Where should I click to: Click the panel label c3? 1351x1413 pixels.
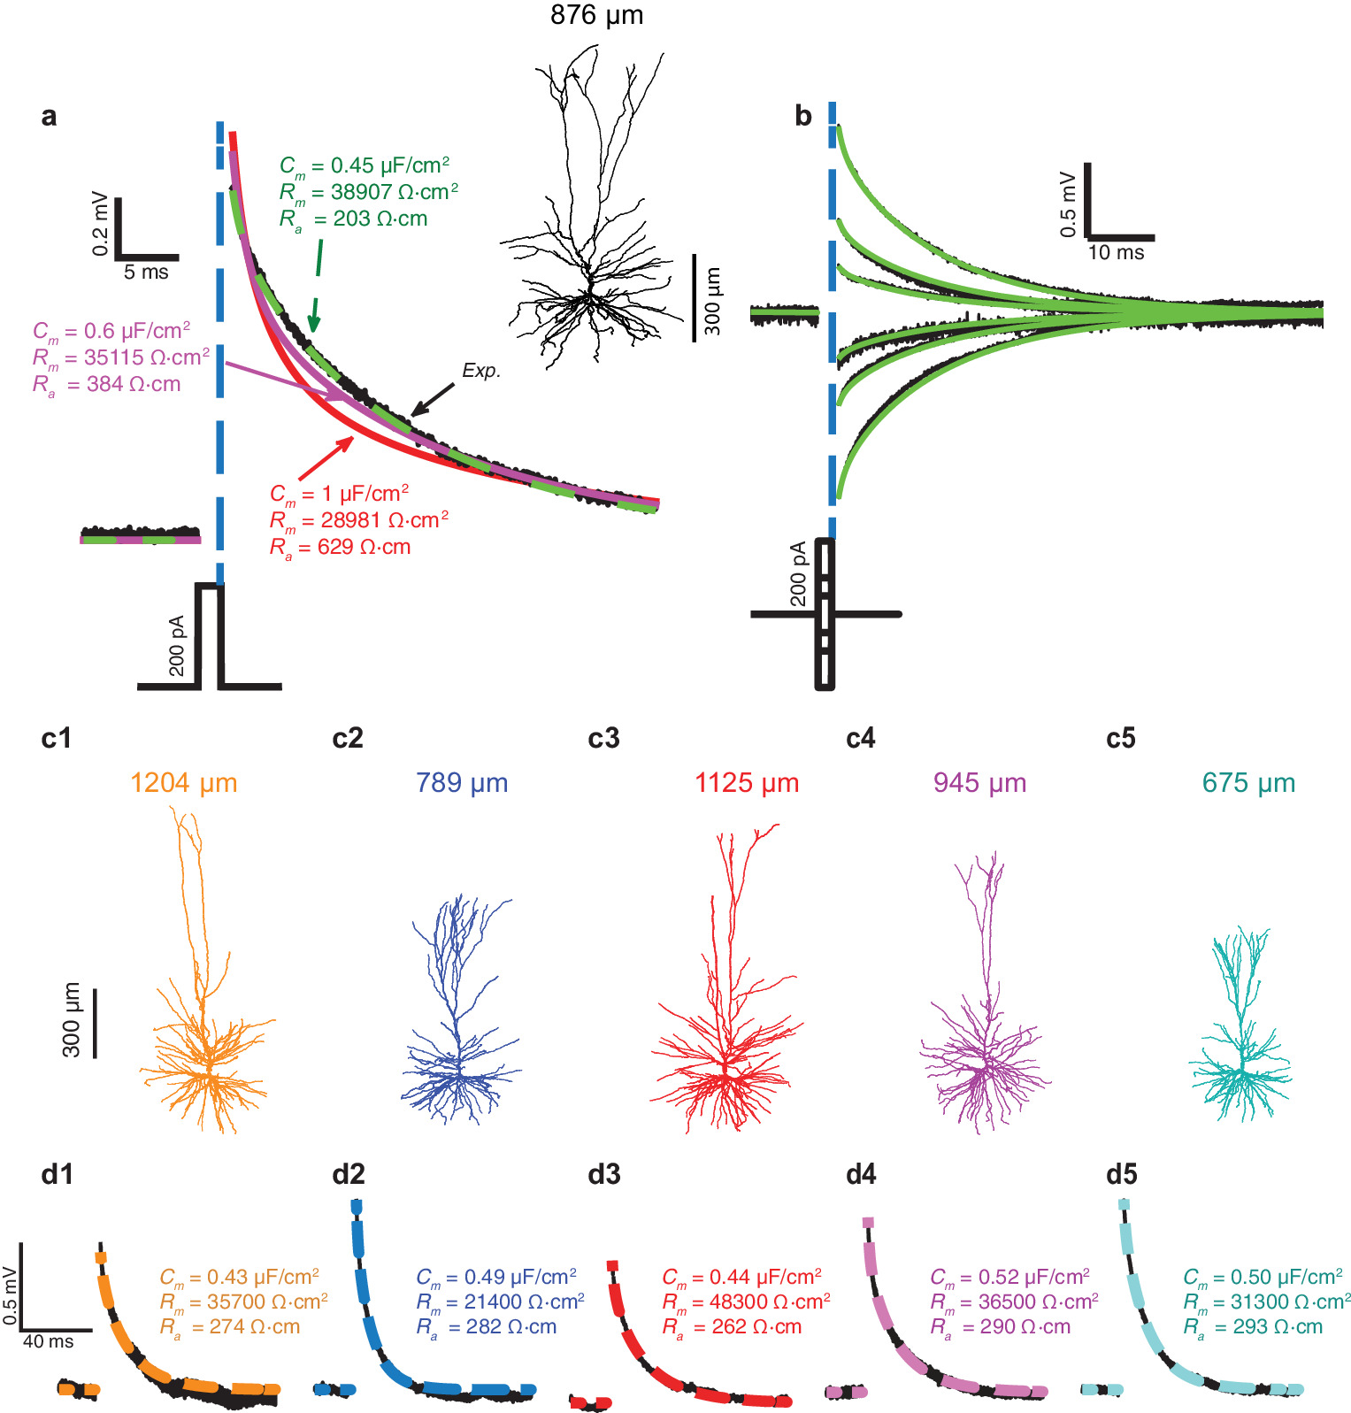coord(603,739)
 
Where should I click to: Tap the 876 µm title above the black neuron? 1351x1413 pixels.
coord(596,15)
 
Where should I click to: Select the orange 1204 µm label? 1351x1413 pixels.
coord(184,783)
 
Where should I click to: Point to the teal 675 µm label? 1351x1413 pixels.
coord(1248,783)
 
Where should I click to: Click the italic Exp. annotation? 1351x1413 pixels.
coord(481,371)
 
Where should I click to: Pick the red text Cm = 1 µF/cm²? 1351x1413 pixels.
coord(340,494)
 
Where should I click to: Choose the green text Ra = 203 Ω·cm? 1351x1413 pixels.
coord(354,219)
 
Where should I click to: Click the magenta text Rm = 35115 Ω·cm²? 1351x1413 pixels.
coord(121,357)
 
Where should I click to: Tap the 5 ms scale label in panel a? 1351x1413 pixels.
coord(146,273)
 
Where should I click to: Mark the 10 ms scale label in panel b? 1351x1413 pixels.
coord(1116,253)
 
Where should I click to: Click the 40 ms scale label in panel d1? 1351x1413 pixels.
coord(49,1341)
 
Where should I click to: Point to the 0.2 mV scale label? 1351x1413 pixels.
coord(100,224)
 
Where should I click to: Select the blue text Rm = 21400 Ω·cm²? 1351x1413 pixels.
coord(500,1302)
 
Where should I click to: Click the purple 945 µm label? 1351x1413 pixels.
coord(979,783)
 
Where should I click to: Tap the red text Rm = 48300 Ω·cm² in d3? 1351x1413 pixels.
coord(746,1302)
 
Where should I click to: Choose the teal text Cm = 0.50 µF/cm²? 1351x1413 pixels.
coord(1263,1277)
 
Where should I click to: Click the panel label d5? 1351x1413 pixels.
coord(1121,1175)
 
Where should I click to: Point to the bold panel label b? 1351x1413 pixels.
coord(803,116)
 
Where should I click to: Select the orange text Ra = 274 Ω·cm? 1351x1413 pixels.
coord(230,1326)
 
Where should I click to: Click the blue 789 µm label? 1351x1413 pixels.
coord(462,783)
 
